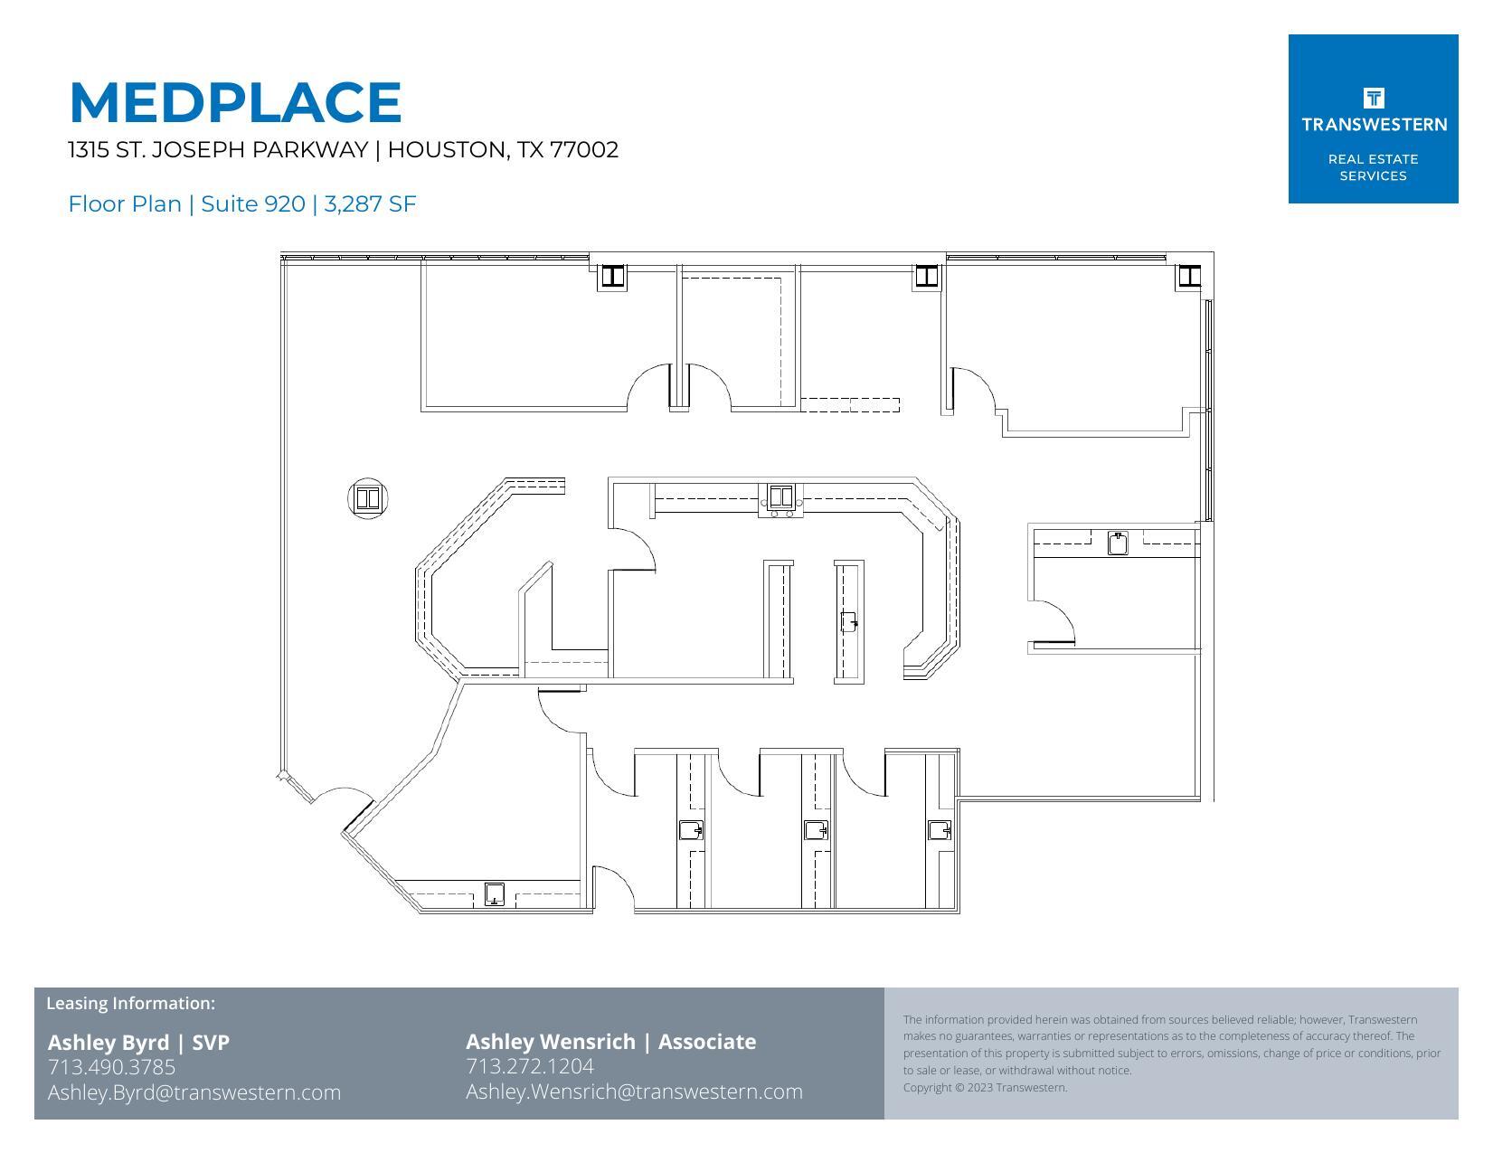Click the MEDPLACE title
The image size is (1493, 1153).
tap(235, 102)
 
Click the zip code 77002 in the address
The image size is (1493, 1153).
tap(584, 150)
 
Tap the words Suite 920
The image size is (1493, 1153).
tap(252, 204)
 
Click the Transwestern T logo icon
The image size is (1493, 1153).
tap(1373, 98)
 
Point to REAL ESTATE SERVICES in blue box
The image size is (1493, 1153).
tap(1373, 167)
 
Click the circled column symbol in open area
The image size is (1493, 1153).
tap(368, 498)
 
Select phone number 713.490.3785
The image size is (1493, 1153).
tap(111, 1067)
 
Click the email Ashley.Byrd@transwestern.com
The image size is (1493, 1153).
tap(194, 1092)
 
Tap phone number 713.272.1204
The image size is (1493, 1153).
tap(530, 1066)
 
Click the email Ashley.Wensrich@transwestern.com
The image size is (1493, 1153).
tap(634, 1092)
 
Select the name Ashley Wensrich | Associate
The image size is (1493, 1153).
tap(610, 1042)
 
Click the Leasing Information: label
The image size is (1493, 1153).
tap(130, 1003)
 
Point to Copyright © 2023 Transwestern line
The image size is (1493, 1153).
tap(985, 1088)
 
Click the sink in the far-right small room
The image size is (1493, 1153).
tap(1118, 543)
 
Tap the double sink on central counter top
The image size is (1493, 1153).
tap(780, 497)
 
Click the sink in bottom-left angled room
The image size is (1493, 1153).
tap(494, 894)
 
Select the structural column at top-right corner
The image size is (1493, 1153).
tap(1188, 276)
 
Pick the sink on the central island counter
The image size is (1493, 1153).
tap(848, 622)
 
